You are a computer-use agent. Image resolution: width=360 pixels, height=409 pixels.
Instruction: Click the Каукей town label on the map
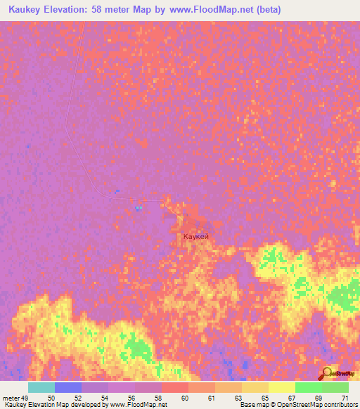[195, 238]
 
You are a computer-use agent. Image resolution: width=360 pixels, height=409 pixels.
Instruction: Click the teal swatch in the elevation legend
[41, 387]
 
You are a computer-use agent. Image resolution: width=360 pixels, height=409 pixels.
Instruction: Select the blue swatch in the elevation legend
[68, 387]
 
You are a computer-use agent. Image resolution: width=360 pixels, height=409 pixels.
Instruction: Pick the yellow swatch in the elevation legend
[282, 387]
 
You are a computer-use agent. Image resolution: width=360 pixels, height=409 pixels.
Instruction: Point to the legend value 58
[157, 398]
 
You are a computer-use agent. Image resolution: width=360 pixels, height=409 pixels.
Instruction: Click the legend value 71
[345, 398]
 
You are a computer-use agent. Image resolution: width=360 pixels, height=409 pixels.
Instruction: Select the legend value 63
[238, 398]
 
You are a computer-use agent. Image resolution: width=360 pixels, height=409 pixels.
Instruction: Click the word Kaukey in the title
[27, 9]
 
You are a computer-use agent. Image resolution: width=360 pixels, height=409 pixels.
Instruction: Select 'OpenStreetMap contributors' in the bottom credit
[317, 405]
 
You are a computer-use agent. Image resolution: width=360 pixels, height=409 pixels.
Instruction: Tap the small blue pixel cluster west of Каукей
[138, 207]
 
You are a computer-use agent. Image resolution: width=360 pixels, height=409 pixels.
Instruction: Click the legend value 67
[292, 398]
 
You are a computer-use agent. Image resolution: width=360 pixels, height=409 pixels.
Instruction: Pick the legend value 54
[104, 398]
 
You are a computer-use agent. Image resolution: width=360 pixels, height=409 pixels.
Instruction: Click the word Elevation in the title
[79, 9]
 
